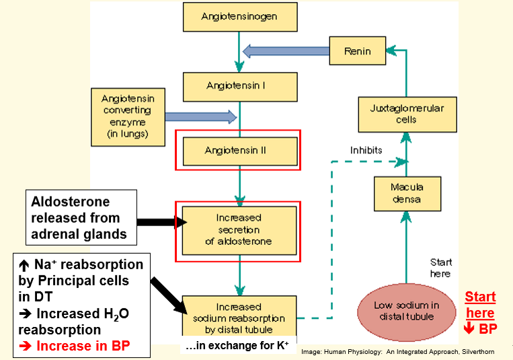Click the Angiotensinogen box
[239, 16]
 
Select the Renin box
[357, 51]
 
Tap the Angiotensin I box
[239, 86]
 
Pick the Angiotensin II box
[239, 151]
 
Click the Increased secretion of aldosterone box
[239, 230]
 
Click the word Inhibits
[366, 149]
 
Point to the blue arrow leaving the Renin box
[286, 51]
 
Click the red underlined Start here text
[480, 305]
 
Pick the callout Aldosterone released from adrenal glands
[75, 219]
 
